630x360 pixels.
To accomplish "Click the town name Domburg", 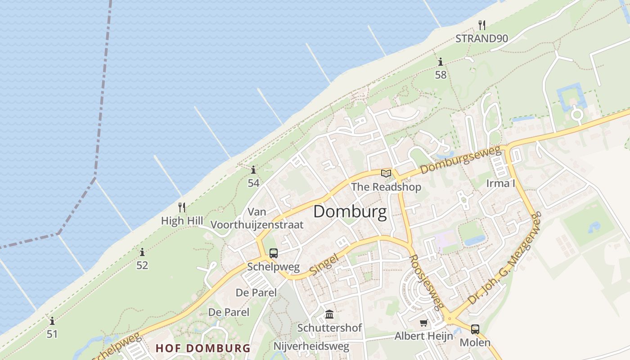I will (x=350, y=211).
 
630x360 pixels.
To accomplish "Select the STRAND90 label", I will (x=481, y=39).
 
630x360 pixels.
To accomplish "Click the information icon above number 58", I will (x=441, y=62).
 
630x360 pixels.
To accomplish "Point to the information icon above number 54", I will (x=253, y=170).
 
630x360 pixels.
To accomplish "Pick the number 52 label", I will (x=142, y=265).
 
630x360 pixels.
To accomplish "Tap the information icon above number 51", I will (x=52, y=321).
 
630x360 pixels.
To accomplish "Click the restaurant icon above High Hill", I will (x=182, y=207).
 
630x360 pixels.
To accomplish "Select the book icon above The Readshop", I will (x=386, y=173).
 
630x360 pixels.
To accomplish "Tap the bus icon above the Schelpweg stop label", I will (x=273, y=253).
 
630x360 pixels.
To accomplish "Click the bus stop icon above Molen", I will (x=475, y=329).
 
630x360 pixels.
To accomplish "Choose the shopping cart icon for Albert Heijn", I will (x=423, y=323).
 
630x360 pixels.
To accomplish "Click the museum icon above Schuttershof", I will (x=329, y=314).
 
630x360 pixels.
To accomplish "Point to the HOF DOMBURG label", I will (x=203, y=348).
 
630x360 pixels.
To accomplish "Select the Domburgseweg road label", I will (x=461, y=161).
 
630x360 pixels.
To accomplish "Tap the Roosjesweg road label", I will (x=425, y=283).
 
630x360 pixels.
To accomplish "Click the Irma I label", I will (x=500, y=183).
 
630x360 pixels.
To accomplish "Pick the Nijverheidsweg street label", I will (x=311, y=346).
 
